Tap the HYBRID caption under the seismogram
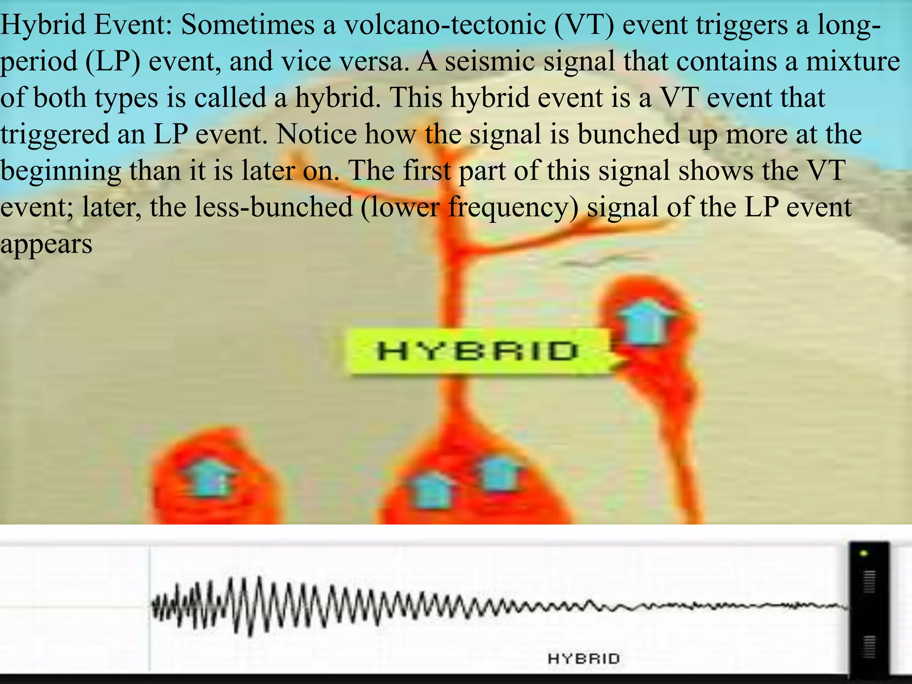coord(583,659)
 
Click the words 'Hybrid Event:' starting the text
coord(87,24)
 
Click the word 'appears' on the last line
coord(46,244)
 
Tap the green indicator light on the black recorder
coord(864,554)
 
